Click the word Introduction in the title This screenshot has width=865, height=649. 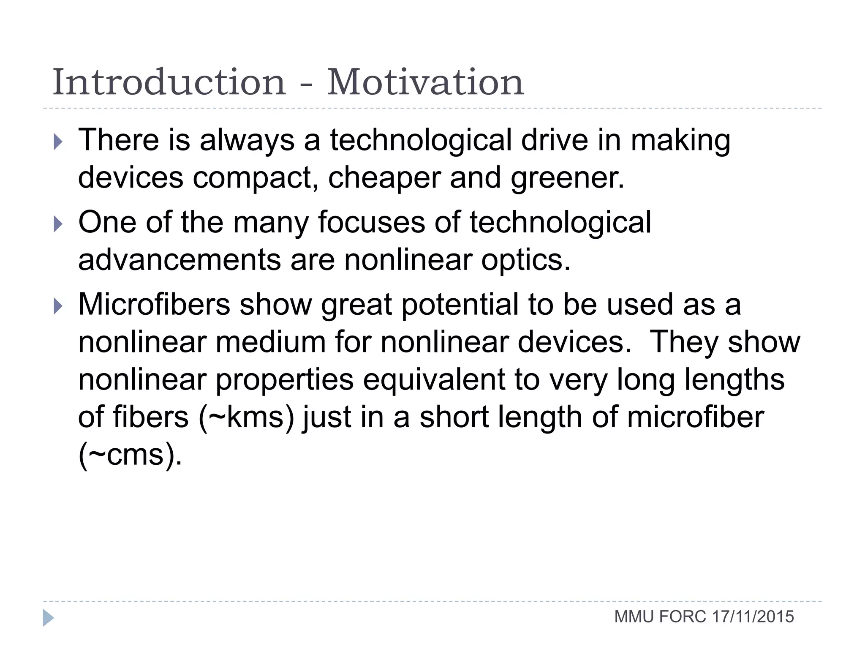click(169, 82)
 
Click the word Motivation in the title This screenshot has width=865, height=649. click(425, 82)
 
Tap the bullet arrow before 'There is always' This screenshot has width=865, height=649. click(58, 142)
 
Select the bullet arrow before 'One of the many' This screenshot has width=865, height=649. click(58, 224)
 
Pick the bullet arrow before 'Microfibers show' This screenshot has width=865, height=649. click(58, 306)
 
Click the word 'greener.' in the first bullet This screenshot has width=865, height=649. click(567, 177)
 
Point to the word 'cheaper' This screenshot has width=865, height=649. click(384, 177)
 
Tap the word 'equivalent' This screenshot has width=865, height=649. click(434, 379)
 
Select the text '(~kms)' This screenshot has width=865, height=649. click(246, 417)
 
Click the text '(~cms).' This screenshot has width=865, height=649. click(130, 455)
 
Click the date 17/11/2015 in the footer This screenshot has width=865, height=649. click(753, 617)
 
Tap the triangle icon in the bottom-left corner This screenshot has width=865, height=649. click(48, 618)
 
